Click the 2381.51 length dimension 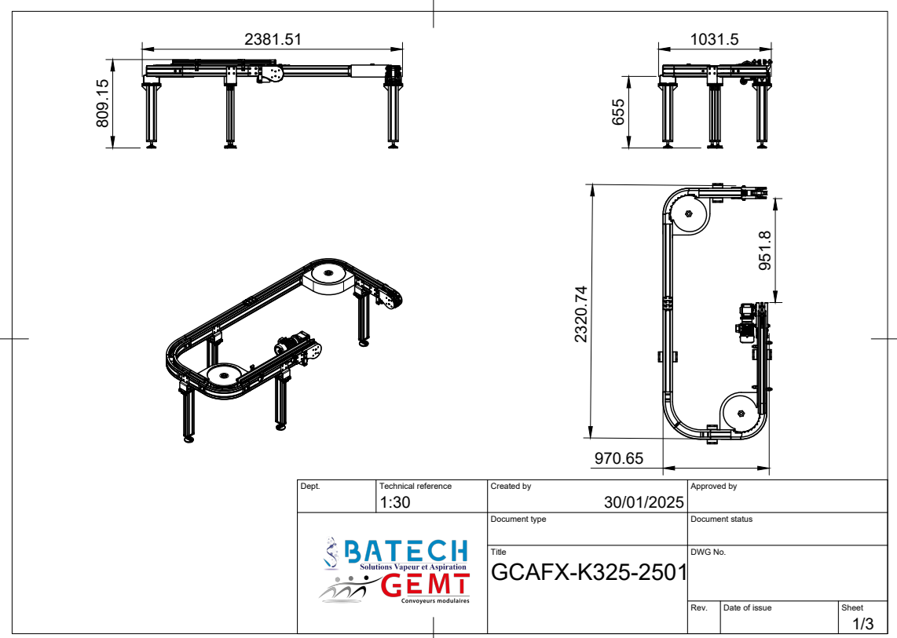(273, 39)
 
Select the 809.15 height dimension (102, 103)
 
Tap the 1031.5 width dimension (714, 39)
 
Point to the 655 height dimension (618, 112)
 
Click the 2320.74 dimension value (580, 314)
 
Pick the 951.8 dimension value (765, 250)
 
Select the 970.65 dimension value (618, 458)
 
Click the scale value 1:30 (395, 502)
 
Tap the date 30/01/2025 (643, 502)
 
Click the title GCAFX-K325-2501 (588, 571)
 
